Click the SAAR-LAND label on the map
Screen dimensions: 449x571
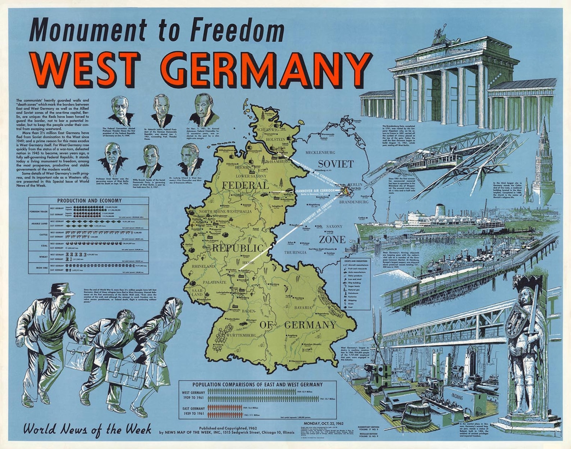click(197, 292)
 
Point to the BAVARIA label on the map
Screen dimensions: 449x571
click(302, 308)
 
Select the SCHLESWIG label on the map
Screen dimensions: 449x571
click(266, 129)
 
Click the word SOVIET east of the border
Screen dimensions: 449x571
click(336, 164)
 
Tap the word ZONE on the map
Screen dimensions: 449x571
click(332, 240)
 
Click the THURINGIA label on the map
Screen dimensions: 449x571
click(295, 253)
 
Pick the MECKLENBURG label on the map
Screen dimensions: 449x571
click(320, 153)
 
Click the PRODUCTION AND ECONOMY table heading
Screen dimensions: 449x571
click(89, 200)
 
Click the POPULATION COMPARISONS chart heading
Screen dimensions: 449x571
click(257, 385)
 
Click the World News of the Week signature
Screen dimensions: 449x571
click(87, 429)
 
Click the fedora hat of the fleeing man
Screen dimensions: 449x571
click(61, 289)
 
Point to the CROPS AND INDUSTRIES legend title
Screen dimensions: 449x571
click(355, 261)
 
